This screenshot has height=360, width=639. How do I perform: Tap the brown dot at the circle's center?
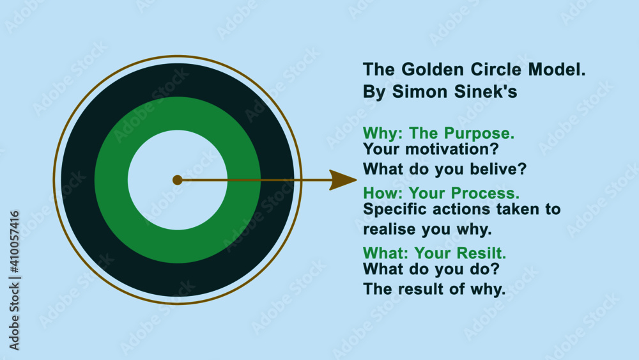178,180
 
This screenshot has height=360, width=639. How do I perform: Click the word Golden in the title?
427,70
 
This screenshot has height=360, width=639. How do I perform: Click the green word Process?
485,192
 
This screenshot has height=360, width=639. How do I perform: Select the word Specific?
390,209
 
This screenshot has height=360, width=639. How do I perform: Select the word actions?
453,209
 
